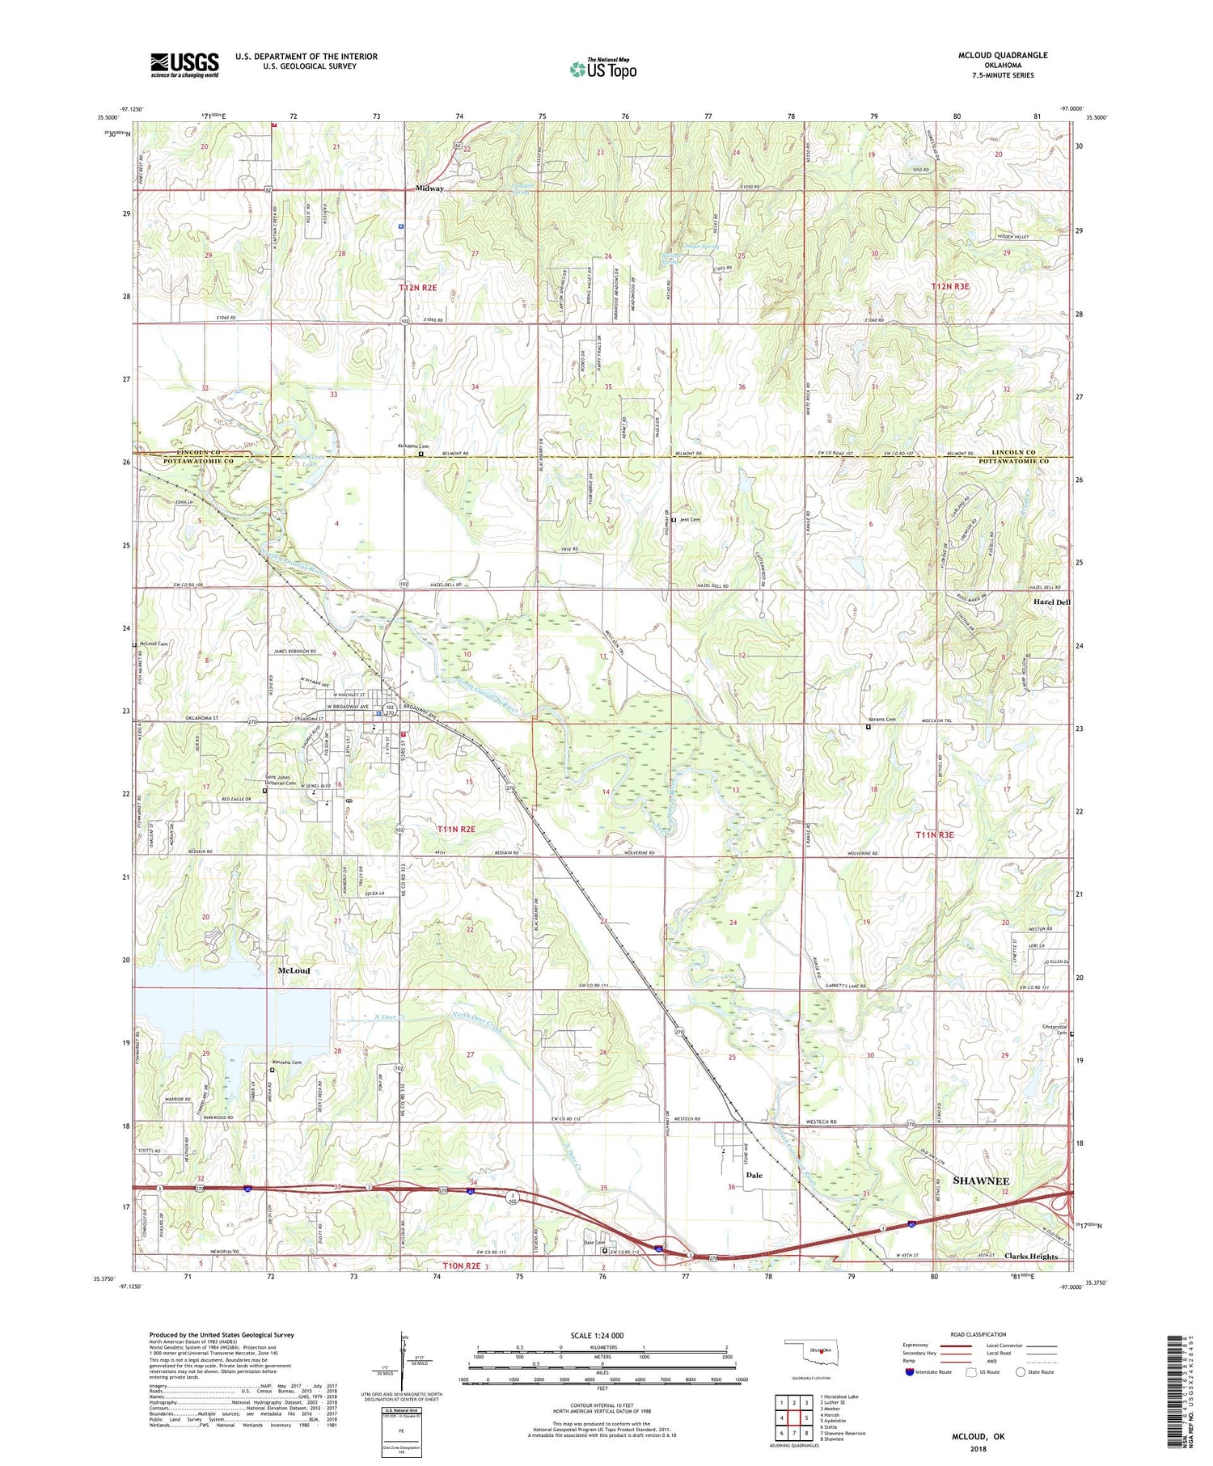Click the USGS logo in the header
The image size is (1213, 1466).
[184, 65]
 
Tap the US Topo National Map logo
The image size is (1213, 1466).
[602, 70]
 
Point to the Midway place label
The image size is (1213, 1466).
[429, 188]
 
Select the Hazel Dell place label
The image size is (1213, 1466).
[1051, 602]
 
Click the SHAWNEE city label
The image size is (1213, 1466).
[981, 1181]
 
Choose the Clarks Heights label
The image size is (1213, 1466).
[1030, 1257]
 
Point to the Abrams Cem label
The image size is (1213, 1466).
[881, 720]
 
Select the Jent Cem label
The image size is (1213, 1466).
[690, 519]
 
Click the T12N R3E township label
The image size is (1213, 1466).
[953, 287]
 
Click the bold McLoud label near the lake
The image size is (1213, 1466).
[294, 970]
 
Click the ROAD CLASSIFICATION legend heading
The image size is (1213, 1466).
[978, 1334]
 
